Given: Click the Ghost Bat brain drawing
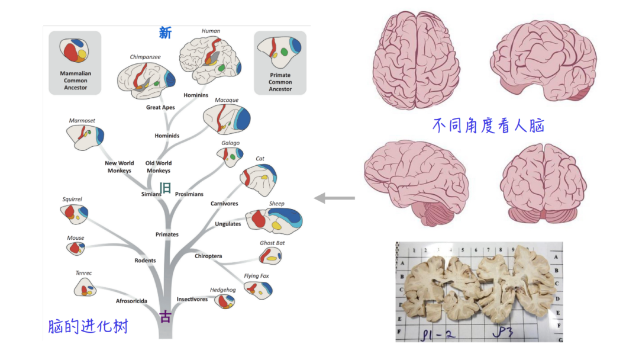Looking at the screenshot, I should [x=271, y=256].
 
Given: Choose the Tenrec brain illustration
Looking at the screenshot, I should [x=85, y=288].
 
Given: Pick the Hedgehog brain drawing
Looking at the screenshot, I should [x=224, y=300].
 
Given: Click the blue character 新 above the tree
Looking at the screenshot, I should [x=165, y=33].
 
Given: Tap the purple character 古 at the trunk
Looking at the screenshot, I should [x=165, y=317].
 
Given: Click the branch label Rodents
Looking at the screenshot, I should [x=145, y=261].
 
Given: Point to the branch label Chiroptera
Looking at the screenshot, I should [x=208, y=256].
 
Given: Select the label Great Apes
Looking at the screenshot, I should [x=160, y=108].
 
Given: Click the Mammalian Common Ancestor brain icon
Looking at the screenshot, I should [x=75, y=53].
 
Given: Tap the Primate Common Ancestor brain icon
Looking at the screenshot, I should [x=280, y=53].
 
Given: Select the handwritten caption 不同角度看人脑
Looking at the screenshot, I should [x=488, y=126].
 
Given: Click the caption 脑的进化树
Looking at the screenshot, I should [x=88, y=326].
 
